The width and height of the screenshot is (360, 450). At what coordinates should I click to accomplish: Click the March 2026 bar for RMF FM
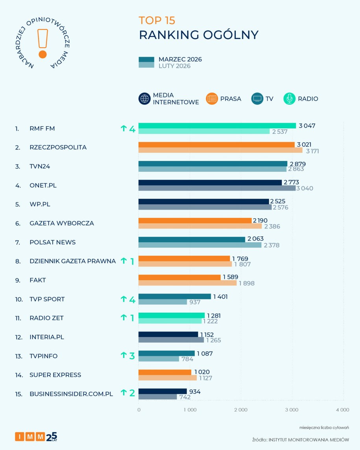coord(217,125)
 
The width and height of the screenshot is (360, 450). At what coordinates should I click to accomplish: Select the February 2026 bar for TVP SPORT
coord(162,302)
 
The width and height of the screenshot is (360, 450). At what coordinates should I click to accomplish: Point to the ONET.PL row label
coord(43,185)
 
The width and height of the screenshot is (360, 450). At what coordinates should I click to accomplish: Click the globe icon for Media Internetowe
coord(145,99)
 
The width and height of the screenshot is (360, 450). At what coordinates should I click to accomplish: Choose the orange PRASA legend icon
coord(212,99)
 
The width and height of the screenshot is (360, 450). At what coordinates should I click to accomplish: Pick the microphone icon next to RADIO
coord(289,99)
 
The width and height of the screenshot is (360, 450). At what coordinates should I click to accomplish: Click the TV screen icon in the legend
coord(257,99)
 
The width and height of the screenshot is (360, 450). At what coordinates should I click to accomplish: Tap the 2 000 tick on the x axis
coord(241,409)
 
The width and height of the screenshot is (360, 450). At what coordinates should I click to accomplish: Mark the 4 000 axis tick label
coord(342,409)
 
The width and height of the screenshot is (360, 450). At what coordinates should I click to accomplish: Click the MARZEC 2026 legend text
coord(180,59)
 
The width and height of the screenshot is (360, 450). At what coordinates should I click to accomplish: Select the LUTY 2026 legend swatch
coord(146,65)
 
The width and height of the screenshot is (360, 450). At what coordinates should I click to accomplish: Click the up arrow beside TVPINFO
coord(123,356)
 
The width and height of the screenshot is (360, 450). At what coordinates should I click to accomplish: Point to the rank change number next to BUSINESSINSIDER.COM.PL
coord(132,393)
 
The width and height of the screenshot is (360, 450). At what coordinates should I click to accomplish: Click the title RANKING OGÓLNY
coord(199,35)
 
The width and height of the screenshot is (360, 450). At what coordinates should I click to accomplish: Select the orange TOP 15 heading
coord(157,20)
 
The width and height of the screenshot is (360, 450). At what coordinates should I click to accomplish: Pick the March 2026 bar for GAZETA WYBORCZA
coord(195,220)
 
